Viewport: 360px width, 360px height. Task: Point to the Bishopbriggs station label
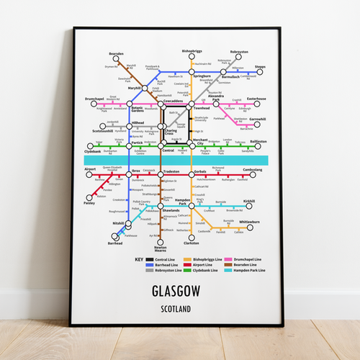193,51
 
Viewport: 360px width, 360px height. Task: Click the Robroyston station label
239,52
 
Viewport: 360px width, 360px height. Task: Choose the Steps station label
261,66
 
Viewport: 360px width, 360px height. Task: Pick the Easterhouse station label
257,99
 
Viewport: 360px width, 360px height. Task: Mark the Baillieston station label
259,141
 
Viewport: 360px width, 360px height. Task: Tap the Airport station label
90,169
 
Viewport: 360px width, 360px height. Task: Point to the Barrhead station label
115,243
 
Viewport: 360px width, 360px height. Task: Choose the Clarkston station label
191,243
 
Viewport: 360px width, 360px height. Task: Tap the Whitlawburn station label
250,222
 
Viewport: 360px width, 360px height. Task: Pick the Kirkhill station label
249,201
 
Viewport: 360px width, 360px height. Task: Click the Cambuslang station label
253,169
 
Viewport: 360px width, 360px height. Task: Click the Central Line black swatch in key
149,259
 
